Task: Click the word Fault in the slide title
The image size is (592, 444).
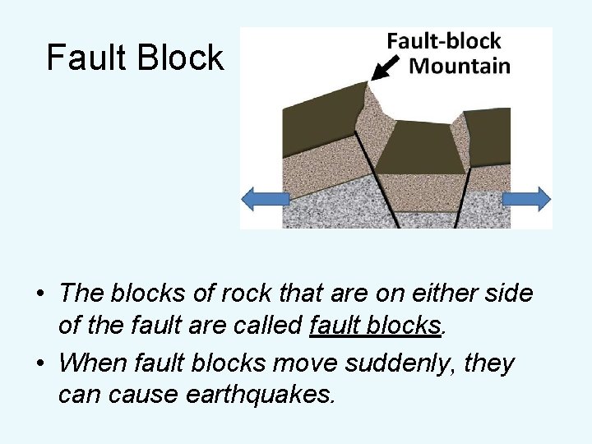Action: tap(85, 58)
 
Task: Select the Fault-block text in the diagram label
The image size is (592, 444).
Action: tap(444, 40)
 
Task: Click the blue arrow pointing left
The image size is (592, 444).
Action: tap(265, 199)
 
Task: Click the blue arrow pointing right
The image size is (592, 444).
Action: tap(526, 199)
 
